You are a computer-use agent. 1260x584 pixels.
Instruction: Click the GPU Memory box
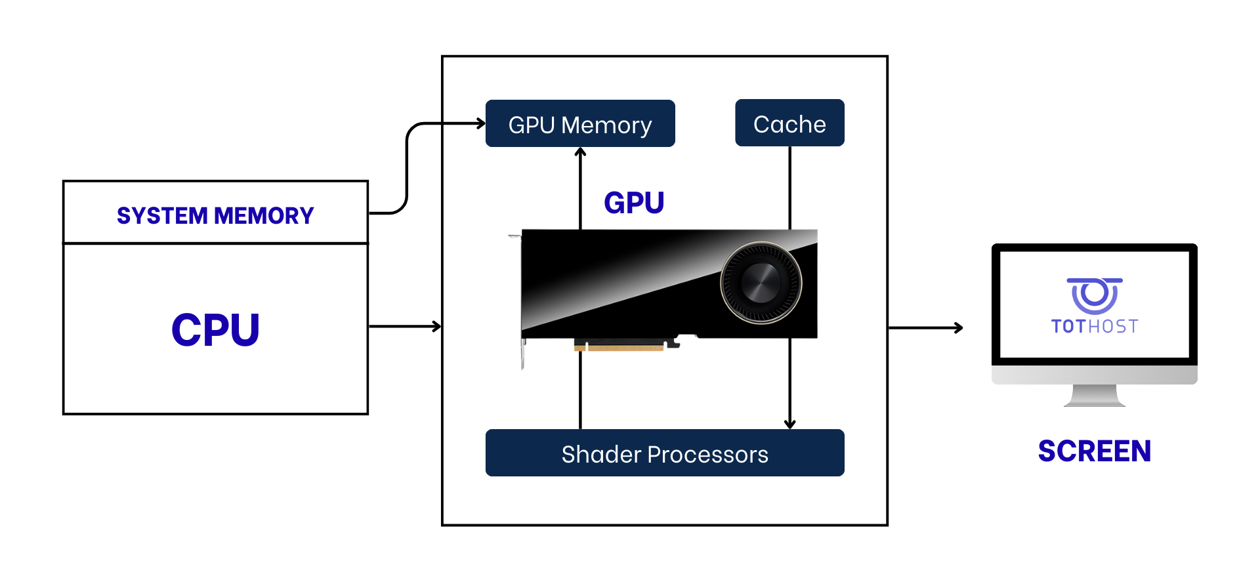[580, 123]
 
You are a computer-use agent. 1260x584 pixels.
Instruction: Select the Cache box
[789, 123]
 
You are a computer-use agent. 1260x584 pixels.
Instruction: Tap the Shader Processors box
[664, 453]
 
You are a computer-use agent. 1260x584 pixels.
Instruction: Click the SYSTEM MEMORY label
[215, 215]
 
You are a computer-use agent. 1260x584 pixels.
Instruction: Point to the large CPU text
[215, 329]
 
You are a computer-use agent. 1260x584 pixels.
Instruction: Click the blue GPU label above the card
[634, 202]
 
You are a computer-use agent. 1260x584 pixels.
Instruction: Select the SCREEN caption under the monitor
[1094, 451]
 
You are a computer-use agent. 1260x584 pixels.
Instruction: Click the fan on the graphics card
[761, 283]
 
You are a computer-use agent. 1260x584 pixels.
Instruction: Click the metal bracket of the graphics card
[522, 351]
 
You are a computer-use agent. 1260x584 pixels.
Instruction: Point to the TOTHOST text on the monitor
[1094, 326]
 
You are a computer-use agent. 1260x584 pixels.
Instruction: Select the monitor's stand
[1094, 396]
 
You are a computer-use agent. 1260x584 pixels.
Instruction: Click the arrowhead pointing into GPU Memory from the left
[481, 123]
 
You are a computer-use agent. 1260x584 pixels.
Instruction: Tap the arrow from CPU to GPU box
[405, 326]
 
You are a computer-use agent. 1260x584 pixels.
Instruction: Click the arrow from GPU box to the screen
[925, 327]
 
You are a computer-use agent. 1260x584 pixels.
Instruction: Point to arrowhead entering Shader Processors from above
[789, 424]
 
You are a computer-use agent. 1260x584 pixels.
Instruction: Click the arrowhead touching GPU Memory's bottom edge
[580, 152]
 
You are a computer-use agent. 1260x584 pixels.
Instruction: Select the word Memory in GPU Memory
[606, 125]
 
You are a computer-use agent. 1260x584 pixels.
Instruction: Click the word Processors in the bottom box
[707, 454]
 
